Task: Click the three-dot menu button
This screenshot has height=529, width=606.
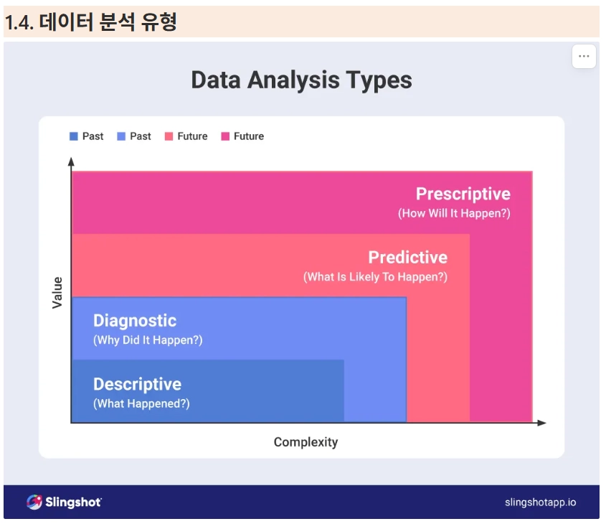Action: point(584,57)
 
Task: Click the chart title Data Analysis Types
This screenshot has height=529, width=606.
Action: point(301,80)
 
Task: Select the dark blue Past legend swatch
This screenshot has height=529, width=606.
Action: point(73,136)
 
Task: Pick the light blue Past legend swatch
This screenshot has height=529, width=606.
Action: point(121,136)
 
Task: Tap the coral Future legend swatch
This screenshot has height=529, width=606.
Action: point(169,136)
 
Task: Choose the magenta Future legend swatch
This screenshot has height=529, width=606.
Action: point(225,136)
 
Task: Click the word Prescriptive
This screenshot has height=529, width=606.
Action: point(463,194)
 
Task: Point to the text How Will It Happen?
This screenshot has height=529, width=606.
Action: point(454,213)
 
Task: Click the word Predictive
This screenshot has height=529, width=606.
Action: point(408,257)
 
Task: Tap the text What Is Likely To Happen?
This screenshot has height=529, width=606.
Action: point(375,276)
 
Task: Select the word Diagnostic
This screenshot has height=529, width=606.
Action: point(135,321)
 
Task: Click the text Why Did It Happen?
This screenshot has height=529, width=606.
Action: point(148,340)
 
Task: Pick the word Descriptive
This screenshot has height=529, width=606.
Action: point(137,385)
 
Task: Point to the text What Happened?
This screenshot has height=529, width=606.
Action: point(141,403)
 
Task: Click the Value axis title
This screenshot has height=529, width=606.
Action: point(57,293)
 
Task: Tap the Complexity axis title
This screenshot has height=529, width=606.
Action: point(306,442)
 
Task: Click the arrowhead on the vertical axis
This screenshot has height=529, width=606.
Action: point(71,161)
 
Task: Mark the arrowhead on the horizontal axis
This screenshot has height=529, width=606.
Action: point(542,423)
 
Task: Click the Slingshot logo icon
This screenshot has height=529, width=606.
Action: point(34,502)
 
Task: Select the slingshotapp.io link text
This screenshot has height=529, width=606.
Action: point(540,502)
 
